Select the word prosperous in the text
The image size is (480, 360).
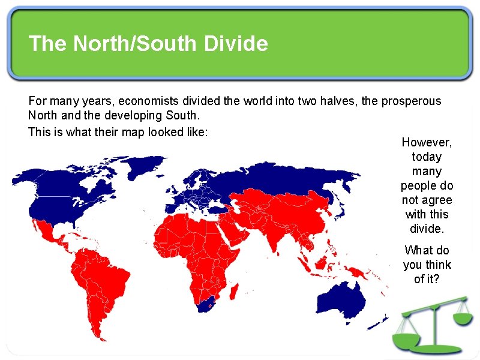click(x=411, y=101)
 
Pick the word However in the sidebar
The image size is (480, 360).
click(x=427, y=142)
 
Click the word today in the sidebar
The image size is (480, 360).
click(x=427, y=157)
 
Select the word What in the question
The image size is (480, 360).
click(x=418, y=250)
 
